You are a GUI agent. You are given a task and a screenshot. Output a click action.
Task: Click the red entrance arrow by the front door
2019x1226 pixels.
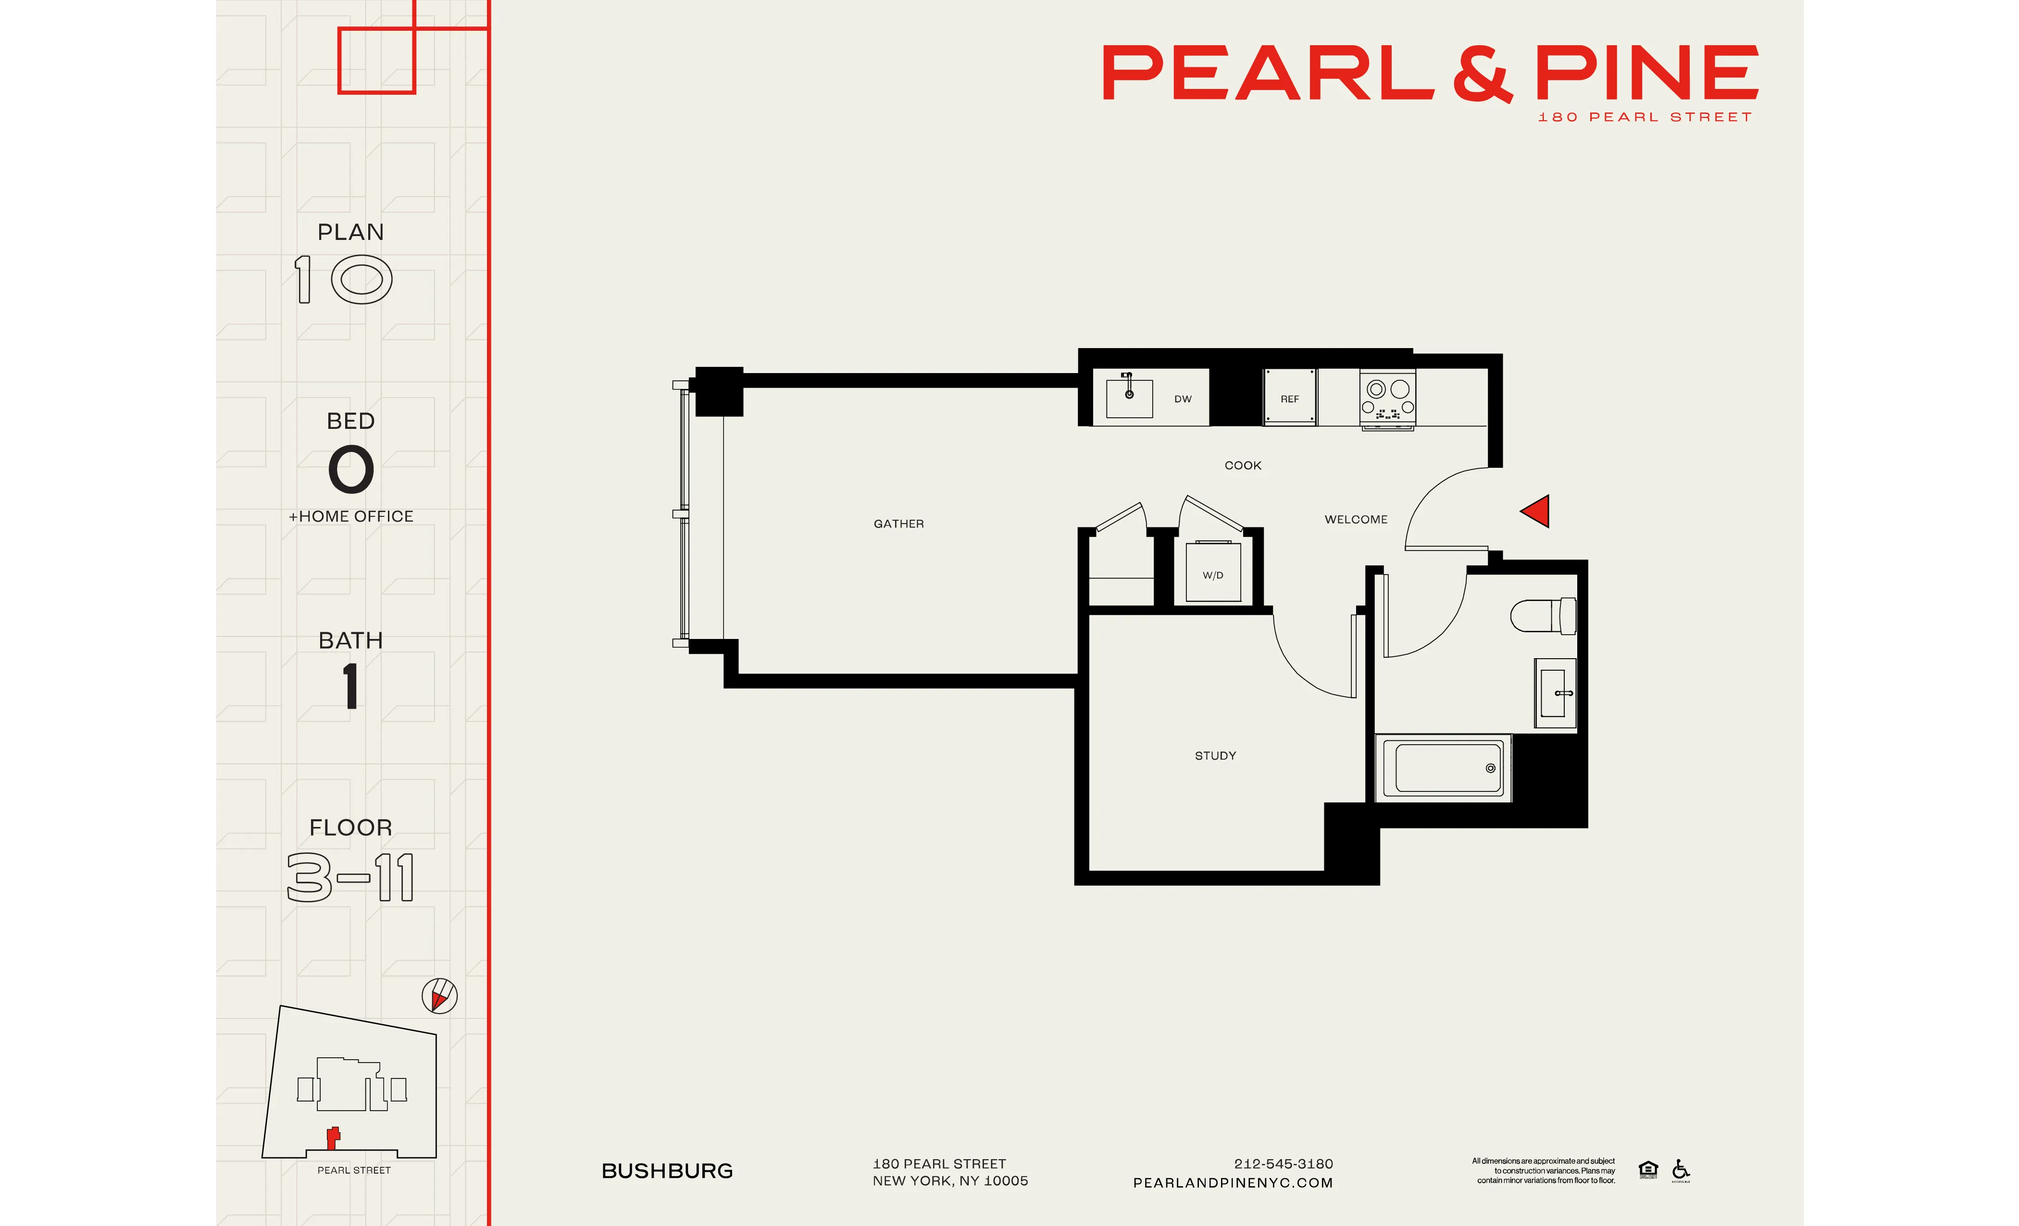click(1536, 512)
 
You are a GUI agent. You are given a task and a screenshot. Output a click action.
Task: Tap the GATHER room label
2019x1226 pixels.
click(898, 524)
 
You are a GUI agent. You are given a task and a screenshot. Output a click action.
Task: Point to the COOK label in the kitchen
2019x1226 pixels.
click(1242, 465)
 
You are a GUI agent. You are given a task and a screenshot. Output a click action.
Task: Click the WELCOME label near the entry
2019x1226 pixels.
click(1355, 520)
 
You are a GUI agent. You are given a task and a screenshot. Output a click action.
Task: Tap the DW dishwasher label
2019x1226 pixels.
click(1183, 399)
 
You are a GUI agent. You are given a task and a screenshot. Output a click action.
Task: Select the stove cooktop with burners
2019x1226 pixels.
click(1387, 398)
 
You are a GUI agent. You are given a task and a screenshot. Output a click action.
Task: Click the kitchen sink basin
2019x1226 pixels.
click(1129, 398)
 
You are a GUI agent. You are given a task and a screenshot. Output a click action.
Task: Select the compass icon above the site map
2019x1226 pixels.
click(439, 996)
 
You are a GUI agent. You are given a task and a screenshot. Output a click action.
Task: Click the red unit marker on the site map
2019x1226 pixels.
click(333, 1138)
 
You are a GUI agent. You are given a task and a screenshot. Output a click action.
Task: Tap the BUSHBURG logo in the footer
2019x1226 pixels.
click(667, 1171)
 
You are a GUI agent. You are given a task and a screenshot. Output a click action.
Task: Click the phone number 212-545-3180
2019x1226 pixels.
click(1283, 1163)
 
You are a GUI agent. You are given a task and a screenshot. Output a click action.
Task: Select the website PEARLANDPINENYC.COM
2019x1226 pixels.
click(1233, 1183)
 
